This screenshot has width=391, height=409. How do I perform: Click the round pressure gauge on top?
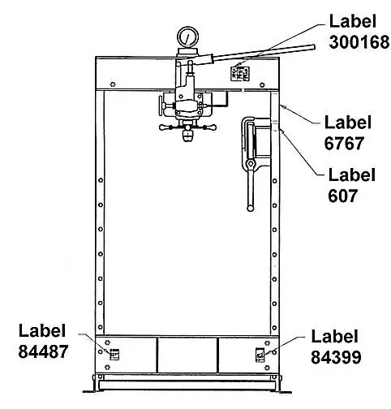tap(188, 37)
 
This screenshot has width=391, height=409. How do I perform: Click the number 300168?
tap(359, 42)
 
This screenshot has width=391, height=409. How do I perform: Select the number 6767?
tap(344, 143)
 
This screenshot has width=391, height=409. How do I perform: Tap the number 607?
tap(342, 196)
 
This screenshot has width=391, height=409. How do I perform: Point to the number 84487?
tap(43, 351)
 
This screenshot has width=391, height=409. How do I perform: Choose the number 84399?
tap(336, 357)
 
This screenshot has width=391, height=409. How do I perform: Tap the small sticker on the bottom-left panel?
tap(114, 354)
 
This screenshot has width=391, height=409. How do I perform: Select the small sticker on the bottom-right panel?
tap(260, 355)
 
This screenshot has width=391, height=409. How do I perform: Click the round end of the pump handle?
tap(313, 48)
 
